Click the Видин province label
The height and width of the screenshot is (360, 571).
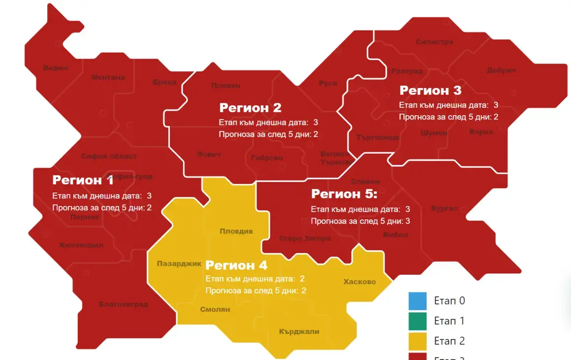coord(55,68)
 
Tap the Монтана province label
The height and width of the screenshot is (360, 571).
coord(108,77)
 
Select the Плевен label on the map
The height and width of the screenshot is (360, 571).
coord(226,86)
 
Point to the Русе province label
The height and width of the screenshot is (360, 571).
coord(328,83)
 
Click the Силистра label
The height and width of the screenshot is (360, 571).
coord(434,42)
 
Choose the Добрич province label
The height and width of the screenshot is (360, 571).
coord(501,71)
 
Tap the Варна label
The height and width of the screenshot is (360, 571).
coord(481,132)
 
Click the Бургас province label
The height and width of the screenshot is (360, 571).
coord(444,208)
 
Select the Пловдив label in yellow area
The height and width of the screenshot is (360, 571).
coord(236,231)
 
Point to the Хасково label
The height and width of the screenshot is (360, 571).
coord(359,282)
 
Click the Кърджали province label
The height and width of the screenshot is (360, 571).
coord(299,331)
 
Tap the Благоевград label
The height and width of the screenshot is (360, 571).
coord(124,304)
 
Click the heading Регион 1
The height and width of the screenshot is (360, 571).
coord(83,180)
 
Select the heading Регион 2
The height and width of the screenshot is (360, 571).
coord(250,108)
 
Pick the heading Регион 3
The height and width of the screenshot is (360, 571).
coord(431,91)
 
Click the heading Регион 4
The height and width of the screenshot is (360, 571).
coord(236,265)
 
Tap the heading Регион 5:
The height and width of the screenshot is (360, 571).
coord(344,194)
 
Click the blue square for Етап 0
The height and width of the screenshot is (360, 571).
coord(417,300)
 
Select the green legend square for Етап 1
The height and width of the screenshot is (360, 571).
coord(417,321)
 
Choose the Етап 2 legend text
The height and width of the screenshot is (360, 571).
coord(449,341)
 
